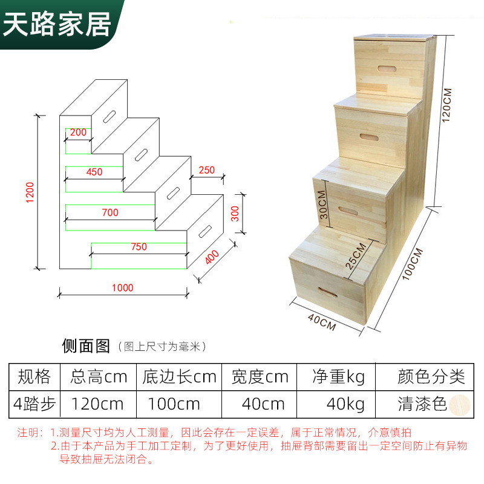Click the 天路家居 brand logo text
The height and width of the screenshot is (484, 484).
click(x=58, y=24)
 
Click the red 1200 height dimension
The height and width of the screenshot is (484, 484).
click(x=30, y=192)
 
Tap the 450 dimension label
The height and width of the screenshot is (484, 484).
click(x=94, y=172)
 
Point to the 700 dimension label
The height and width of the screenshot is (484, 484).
click(x=110, y=212)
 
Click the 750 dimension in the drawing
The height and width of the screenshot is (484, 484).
click(x=139, y=247)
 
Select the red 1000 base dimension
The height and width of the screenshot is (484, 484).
click(x=122, y=288)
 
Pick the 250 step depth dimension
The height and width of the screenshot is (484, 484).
click(x=206, y=170)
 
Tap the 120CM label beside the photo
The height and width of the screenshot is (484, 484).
click(x=448, y=106)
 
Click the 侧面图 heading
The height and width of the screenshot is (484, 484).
click(x=86, y=346)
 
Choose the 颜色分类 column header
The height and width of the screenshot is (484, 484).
click(x=431, y=377)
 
